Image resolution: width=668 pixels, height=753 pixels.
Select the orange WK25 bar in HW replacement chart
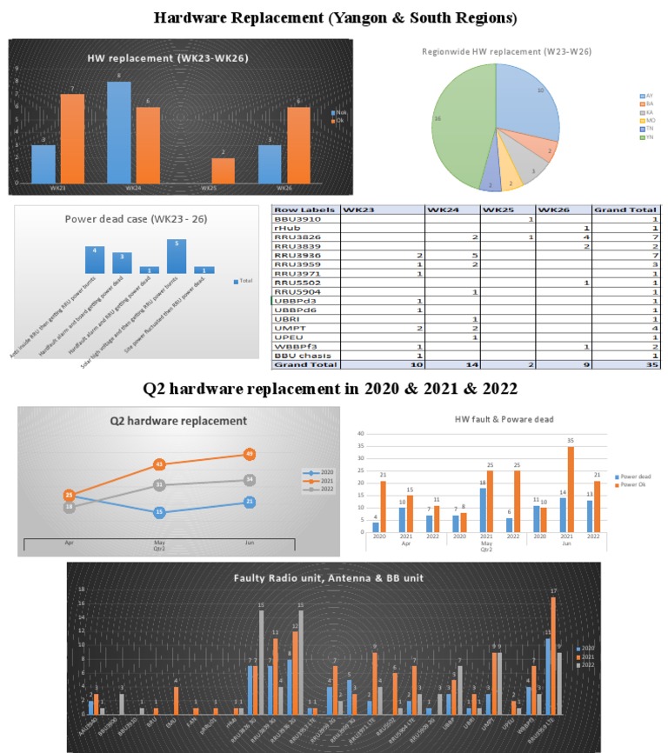[x=223, y=170]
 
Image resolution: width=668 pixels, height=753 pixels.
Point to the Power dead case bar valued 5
[x=177, y=257]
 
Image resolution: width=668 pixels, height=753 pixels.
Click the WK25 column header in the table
[x=507, y=210]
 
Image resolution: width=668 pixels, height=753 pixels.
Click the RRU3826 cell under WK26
[x=563, y=236]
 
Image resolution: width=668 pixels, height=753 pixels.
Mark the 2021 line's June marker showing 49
[x=249, y=454]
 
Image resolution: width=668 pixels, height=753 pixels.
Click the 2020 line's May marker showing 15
[x=159, y=512]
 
